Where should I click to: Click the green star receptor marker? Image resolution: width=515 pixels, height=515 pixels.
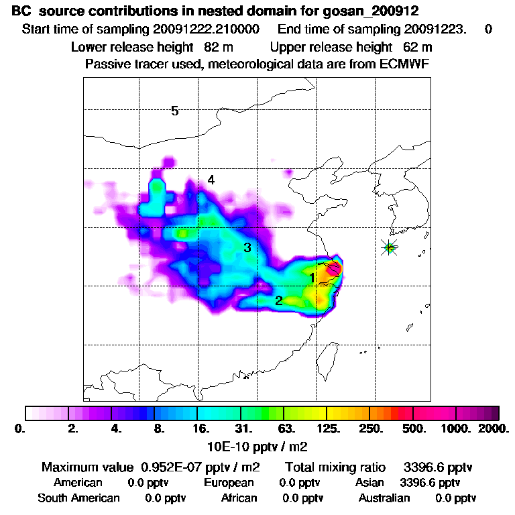point(390,247)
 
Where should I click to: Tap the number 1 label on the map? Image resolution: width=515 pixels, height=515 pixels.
point(312,277)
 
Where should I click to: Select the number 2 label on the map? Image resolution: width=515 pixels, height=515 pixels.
point(278,300)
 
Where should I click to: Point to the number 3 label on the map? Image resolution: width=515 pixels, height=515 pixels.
point(247,247)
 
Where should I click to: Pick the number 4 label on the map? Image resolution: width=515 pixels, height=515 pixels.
point(211,180)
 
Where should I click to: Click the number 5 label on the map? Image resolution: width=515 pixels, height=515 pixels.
point(174,111)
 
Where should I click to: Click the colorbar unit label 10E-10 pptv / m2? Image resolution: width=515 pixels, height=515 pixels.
point(257,445)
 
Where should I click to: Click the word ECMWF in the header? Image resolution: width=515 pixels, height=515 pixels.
point(406,64)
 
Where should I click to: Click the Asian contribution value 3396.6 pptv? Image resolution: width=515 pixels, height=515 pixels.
point(430,482)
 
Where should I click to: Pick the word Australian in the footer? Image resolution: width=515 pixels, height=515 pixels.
point(384,498)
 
